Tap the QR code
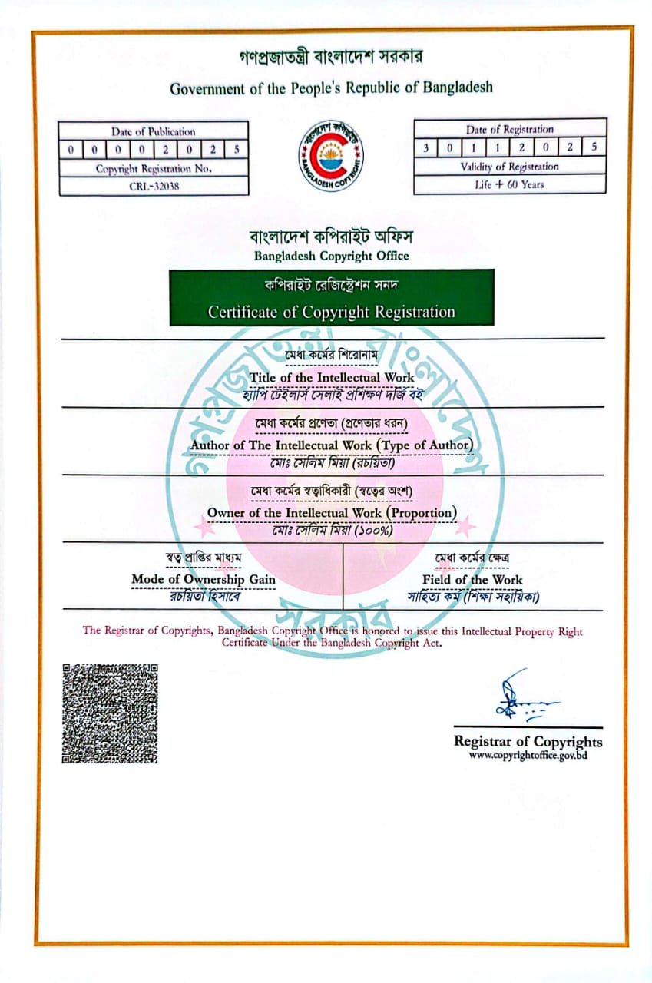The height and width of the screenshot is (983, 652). pyautogui.click(x=109, y=713)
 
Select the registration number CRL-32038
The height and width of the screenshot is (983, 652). pyautogui.click(x=154, y=186)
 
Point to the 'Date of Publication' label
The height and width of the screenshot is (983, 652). pyautogui.click(x=154, y=131)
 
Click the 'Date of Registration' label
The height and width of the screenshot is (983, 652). pyautogui.click(x=509, y=130)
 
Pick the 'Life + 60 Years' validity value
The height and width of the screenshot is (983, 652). pyautogui.click(x=509, y=184)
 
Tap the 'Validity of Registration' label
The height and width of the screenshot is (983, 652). pyautogui.click(x=509, y=167)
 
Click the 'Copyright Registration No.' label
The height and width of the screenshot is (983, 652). pyautogui.click(x=154, y=168)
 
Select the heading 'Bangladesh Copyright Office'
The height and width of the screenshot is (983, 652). pyautogui.click(x=332, y=256)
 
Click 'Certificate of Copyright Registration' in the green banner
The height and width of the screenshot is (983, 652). pyautogui.click(x=332, y=312)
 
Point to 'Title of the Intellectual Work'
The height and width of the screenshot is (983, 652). pyautogui.click(x=332, y=377)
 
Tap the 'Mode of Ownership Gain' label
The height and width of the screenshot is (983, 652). pyautogui.click(x=204, y=579)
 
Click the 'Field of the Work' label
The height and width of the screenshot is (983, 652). pyautogui.click(x=472, y=579)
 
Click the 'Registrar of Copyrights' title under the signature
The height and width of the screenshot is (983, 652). pyautogui.click(x=528, y=741)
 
